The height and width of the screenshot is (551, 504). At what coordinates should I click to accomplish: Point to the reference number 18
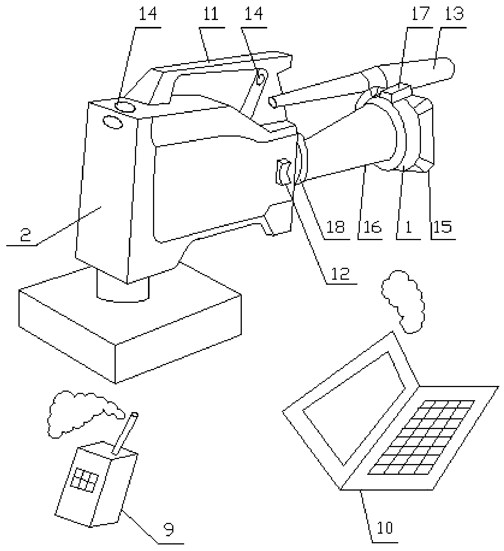[335, 227]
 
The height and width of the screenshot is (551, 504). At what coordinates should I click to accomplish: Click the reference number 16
[370, 227]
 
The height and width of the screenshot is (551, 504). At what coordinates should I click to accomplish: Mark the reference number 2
[25, 235]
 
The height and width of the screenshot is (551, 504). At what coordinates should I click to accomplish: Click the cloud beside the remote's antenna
[81, 412]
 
